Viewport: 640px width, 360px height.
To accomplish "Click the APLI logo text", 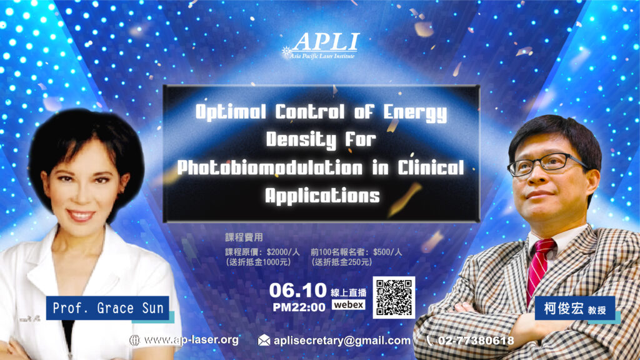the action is click(x=326, y=42).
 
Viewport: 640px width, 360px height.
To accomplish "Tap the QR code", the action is click(x=394, y=297).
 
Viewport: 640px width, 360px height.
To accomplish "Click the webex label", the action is click(x=348, y=305).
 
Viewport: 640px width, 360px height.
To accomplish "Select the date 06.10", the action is click(x=298, y=291).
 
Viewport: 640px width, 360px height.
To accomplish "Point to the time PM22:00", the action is click(x=299, y=307).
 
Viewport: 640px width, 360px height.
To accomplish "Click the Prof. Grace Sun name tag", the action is click(x=107, y=308).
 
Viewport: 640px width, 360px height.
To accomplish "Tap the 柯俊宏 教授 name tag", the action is click(x=575, y=309).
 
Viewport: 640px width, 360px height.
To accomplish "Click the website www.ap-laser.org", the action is click(x=191, y=340).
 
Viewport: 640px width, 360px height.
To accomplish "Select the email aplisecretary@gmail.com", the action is click(x=342, y=341).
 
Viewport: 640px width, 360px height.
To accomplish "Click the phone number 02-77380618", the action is click(x=476, y=341).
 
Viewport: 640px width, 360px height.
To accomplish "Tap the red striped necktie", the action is click(x=539, y=270).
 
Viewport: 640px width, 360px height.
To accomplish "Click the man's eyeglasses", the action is click(x=547, y=164).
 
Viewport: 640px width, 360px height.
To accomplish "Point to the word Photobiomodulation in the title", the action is click(x=270, y=167).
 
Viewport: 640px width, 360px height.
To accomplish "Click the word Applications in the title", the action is click(x=322, y=196).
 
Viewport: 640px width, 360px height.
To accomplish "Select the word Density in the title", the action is click(x=301, y=140).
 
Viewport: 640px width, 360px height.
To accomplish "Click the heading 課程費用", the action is click(x=244, y=237).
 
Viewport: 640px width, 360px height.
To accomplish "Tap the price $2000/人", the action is click(x=283, y=252).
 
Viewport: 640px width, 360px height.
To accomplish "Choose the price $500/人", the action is click(x=387, y=252).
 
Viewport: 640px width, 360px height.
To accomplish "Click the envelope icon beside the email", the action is click(x=264, y=341).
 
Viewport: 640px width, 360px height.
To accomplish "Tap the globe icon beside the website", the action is click(x=135, y=341).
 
